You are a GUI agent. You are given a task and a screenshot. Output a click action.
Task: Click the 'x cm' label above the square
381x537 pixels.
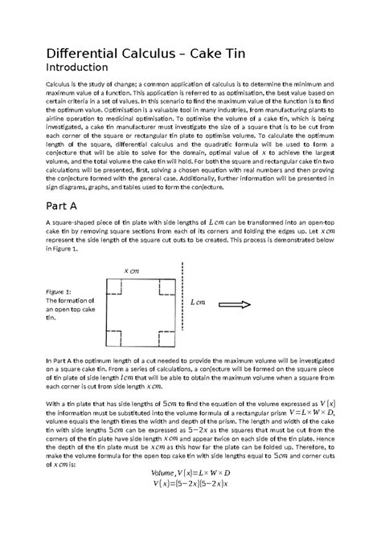coord(132,271)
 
